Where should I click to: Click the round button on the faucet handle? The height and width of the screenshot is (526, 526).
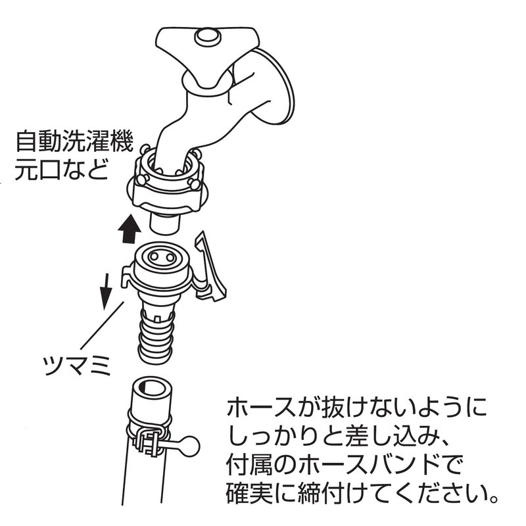point(208,37)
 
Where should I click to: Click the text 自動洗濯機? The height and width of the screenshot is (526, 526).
point(74,142)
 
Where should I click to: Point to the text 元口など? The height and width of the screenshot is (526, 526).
point(62,170)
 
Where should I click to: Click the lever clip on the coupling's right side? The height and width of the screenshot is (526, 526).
point(210,267)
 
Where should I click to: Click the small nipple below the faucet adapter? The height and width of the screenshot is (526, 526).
point(164,224)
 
